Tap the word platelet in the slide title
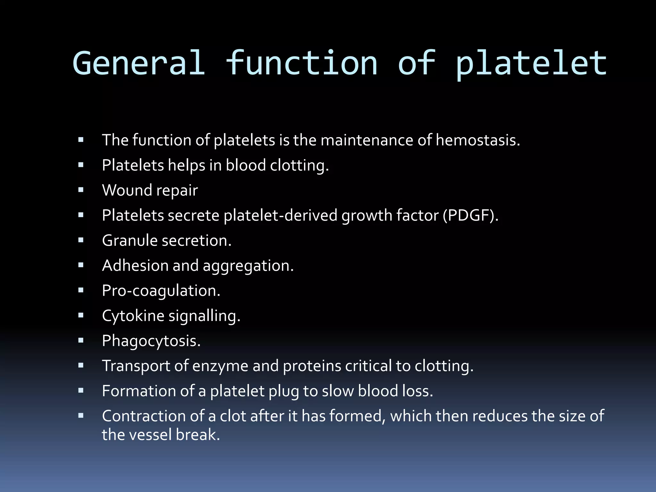pos(531,64)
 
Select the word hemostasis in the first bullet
pos(478,140)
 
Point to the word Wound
pos(127,190)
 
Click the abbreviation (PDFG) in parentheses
pos(470,215)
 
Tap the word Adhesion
pos(135,266)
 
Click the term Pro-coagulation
pos(161,291)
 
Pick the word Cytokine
pos(133,316)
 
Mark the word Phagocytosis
pos(151,341)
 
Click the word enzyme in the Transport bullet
pos(220,366)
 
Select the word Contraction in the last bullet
pos(143,416)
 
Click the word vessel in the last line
pos(150,435)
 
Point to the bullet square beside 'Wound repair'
pos(81,190)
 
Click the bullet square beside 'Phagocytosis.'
pos(81,340)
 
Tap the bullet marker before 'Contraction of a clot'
pos(81,416)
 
